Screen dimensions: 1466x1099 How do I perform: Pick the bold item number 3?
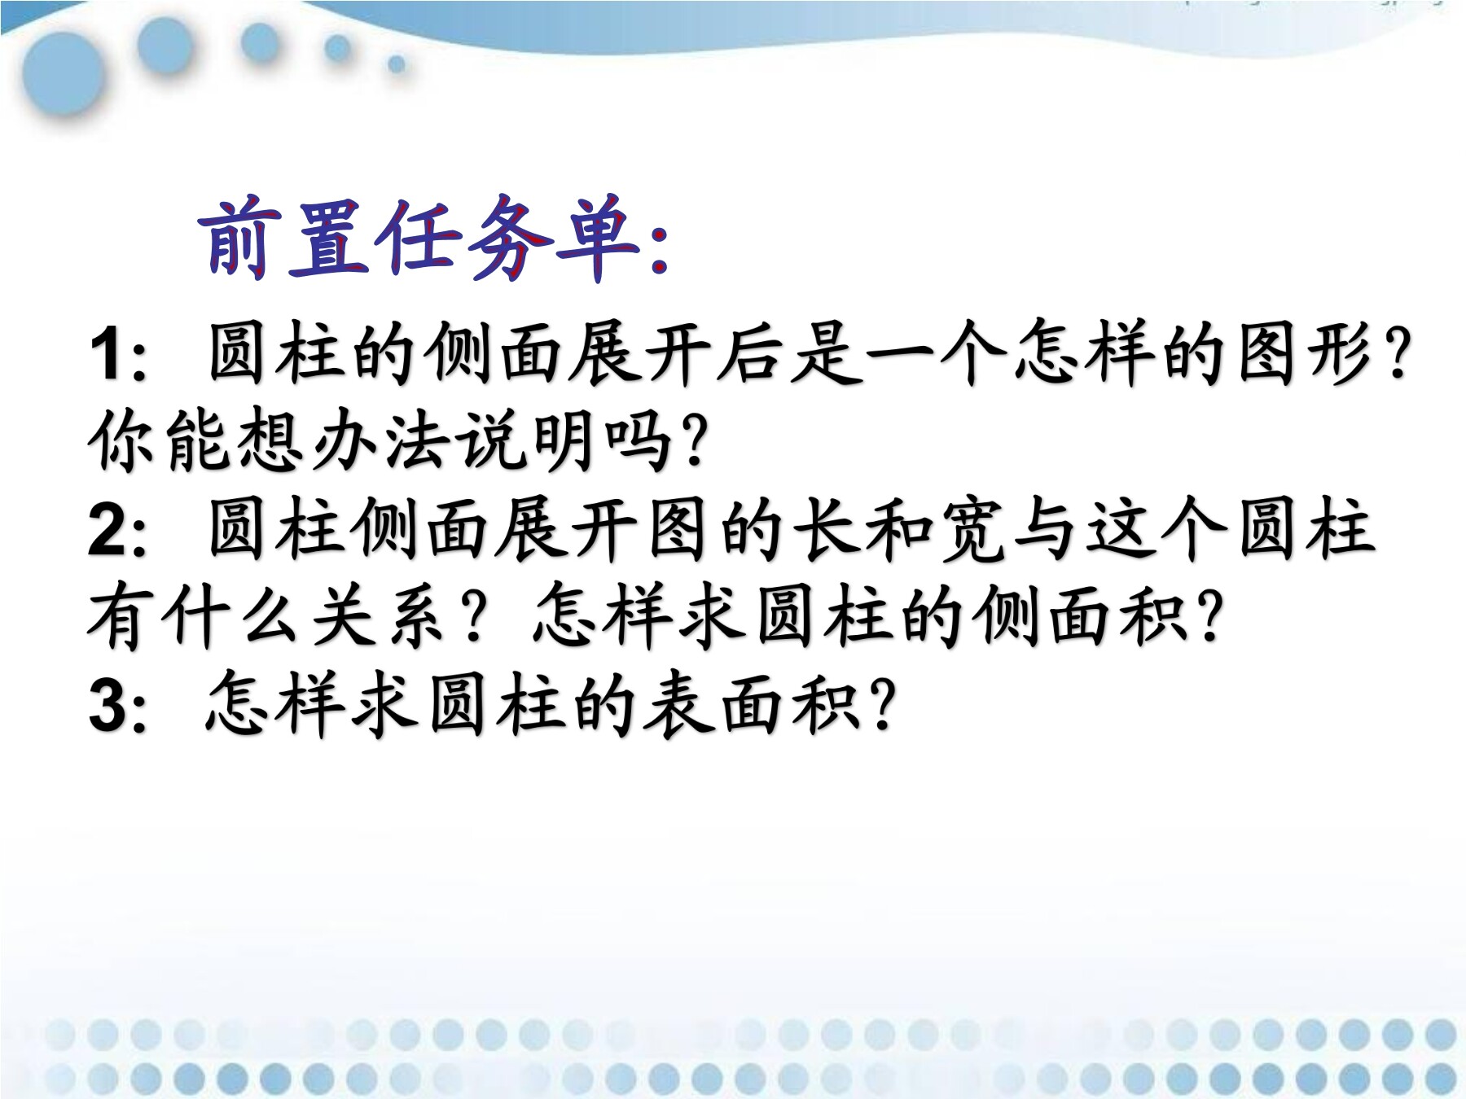click(110, 705)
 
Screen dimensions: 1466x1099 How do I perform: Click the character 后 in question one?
click(749, 354)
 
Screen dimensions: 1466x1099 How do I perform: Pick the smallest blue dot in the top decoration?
click(397, 63)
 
